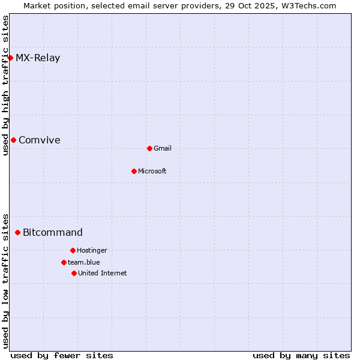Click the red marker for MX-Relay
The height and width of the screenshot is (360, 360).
point(10,58)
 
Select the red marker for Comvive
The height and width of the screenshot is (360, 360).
point(13,140)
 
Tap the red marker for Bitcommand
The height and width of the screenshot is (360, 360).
point(17,232)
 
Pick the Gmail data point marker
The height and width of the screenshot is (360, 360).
point(149,148)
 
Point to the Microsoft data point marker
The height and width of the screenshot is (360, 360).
point(134,171)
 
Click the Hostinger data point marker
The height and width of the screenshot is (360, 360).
point(73,250)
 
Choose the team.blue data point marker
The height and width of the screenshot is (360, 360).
point(64,262)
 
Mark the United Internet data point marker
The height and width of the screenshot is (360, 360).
point(74,273)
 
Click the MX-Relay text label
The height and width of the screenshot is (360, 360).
point(38,58)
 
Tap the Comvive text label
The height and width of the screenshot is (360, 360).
point(40,140)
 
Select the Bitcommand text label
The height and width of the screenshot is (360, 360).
point(53,233)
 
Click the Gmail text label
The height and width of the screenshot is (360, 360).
point(163,149)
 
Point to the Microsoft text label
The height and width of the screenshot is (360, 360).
point(152,172)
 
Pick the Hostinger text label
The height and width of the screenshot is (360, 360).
point(92,251)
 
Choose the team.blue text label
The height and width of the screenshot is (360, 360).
point(84,263)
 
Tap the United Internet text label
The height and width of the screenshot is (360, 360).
point(103,274)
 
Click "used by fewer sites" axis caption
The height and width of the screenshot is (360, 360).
point(62,355)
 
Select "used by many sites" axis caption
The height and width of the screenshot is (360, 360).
point(301,355)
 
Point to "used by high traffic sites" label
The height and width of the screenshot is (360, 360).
point(5,85)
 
